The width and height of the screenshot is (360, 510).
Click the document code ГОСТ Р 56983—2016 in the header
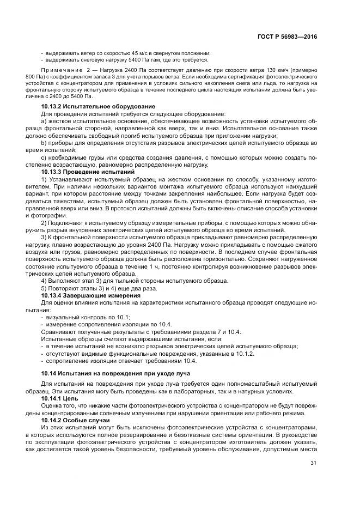tap(290, 37)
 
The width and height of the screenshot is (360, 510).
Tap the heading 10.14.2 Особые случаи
tap(77, 421)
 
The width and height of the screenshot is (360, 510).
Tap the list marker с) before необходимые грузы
tap(44, 157)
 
